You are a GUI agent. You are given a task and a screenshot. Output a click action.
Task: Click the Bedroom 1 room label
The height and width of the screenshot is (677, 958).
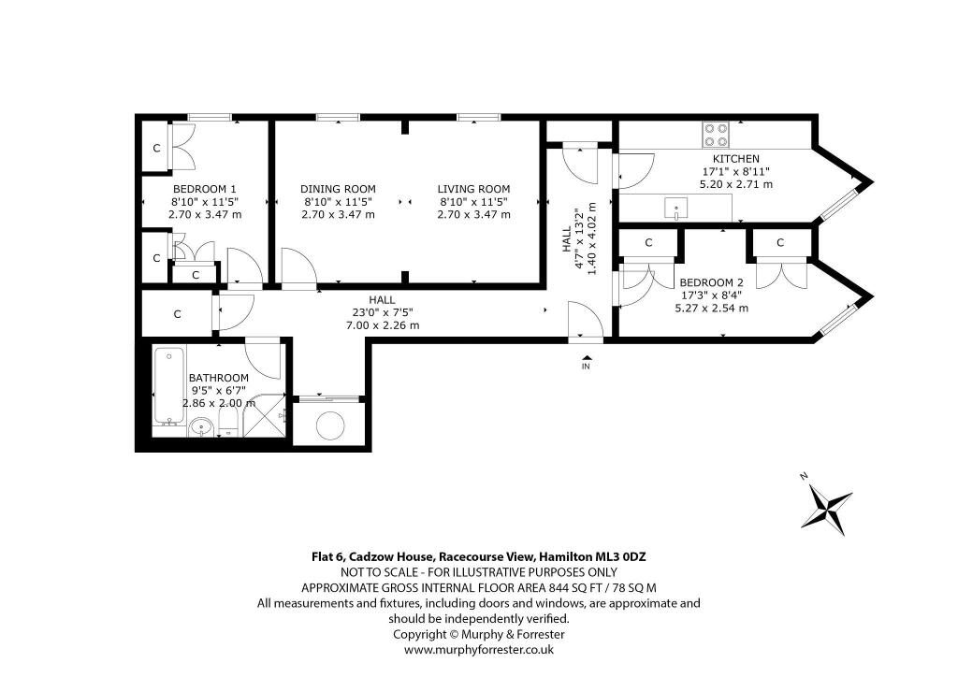point(205,189)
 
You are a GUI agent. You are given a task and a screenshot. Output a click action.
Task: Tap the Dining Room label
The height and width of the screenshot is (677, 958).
point(338,189)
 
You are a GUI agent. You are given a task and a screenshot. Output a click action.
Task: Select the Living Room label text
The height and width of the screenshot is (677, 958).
point(473,189)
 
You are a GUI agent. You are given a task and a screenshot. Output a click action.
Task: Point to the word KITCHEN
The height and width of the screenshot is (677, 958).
point(736,159)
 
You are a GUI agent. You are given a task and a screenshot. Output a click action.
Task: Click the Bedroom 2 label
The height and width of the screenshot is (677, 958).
point(711,282)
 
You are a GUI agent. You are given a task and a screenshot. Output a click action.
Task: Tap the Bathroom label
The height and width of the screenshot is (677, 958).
point(219,378)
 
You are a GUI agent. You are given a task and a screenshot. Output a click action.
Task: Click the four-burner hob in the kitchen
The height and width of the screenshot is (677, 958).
point(716,135)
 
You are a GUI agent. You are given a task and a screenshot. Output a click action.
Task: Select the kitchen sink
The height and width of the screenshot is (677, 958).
point(675,209)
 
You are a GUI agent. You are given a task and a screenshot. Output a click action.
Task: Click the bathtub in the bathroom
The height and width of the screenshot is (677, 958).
point(168,386)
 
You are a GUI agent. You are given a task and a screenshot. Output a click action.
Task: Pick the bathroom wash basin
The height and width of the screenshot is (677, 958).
point(200,427)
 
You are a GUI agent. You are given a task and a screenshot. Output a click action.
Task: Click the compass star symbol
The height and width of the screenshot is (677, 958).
point(826,509)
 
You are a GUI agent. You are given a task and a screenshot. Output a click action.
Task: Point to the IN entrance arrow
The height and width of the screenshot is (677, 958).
point(586,358)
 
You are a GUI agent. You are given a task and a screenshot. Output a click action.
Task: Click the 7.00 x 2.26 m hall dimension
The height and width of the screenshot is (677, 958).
point(383,325)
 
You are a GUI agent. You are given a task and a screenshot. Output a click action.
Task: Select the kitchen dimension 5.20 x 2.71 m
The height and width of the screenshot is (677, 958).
point(736,184)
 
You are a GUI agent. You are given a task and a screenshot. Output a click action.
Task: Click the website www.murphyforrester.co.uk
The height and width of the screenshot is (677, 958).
point(479,650)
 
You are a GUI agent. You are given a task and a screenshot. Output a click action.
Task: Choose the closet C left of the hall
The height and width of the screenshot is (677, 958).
point(177,314)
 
